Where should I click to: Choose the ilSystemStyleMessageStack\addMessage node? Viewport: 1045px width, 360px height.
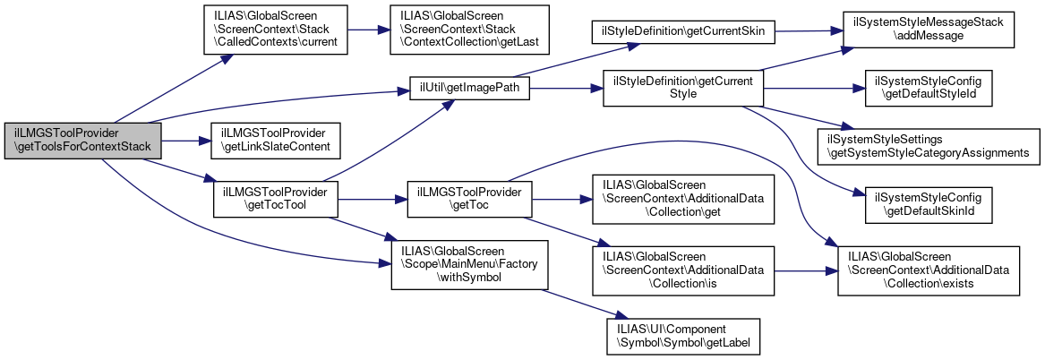point(929,30)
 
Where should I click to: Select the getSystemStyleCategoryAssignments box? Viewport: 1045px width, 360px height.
point(929,146)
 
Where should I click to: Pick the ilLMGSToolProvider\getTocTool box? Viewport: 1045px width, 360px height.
point(275,199)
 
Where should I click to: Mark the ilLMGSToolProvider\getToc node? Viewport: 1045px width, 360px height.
point(469,199)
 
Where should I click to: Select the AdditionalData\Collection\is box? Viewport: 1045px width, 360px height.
point(682,270)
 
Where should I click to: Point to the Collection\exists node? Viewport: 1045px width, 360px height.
point(929,270)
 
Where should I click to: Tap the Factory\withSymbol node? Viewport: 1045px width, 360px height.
point(470,264)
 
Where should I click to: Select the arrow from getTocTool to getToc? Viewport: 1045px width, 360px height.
point(373,199)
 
